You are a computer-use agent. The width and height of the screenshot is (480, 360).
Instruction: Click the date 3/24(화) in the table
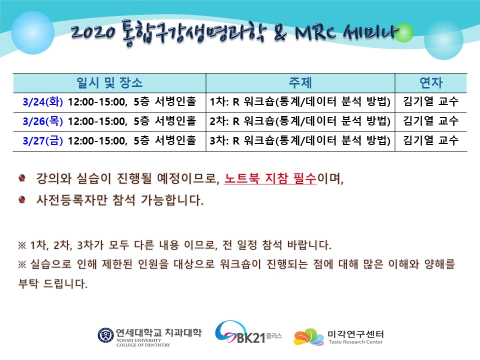[x=43, y=102]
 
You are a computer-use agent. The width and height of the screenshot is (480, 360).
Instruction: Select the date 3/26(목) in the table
[x=43, y=121]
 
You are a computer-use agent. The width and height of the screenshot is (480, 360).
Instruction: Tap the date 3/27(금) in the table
[x=43, y=141]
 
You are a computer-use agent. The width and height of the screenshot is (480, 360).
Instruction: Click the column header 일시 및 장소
[x=109, y=82]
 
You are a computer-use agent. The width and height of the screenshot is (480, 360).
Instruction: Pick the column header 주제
[x=300, y=82]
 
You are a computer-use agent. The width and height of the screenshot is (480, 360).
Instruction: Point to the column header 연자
[x=431, y=82]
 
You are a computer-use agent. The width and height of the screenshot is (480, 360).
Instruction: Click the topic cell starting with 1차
[x=300, y=102]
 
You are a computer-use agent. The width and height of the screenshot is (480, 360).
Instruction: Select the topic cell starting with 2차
[x=300, y=121]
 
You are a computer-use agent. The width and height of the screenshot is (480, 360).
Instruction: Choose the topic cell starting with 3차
[x=300, y=141]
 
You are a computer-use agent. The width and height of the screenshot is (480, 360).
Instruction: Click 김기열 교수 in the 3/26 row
[x=430, y=121]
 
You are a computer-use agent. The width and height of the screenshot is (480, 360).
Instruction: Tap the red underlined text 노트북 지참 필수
[x=270, y=178]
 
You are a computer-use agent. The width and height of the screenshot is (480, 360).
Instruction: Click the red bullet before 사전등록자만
[x=21, y=199]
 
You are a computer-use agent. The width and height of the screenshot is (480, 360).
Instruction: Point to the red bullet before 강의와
[x=21, y=177]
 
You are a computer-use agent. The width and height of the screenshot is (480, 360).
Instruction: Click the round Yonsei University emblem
[x=105, y=335]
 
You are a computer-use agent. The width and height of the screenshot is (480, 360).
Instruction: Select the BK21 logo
[x=248, y=332]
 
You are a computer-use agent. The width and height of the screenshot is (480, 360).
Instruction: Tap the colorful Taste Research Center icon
[x=308, y=337]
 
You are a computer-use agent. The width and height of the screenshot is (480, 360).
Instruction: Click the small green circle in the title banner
[x=403, y=32]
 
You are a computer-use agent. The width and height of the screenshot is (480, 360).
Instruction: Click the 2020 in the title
[x=93, y=32]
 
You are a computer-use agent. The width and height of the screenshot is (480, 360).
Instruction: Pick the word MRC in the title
[x=315, y=32]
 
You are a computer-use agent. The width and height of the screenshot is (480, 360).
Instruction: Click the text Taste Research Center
[x=355, y=342]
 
